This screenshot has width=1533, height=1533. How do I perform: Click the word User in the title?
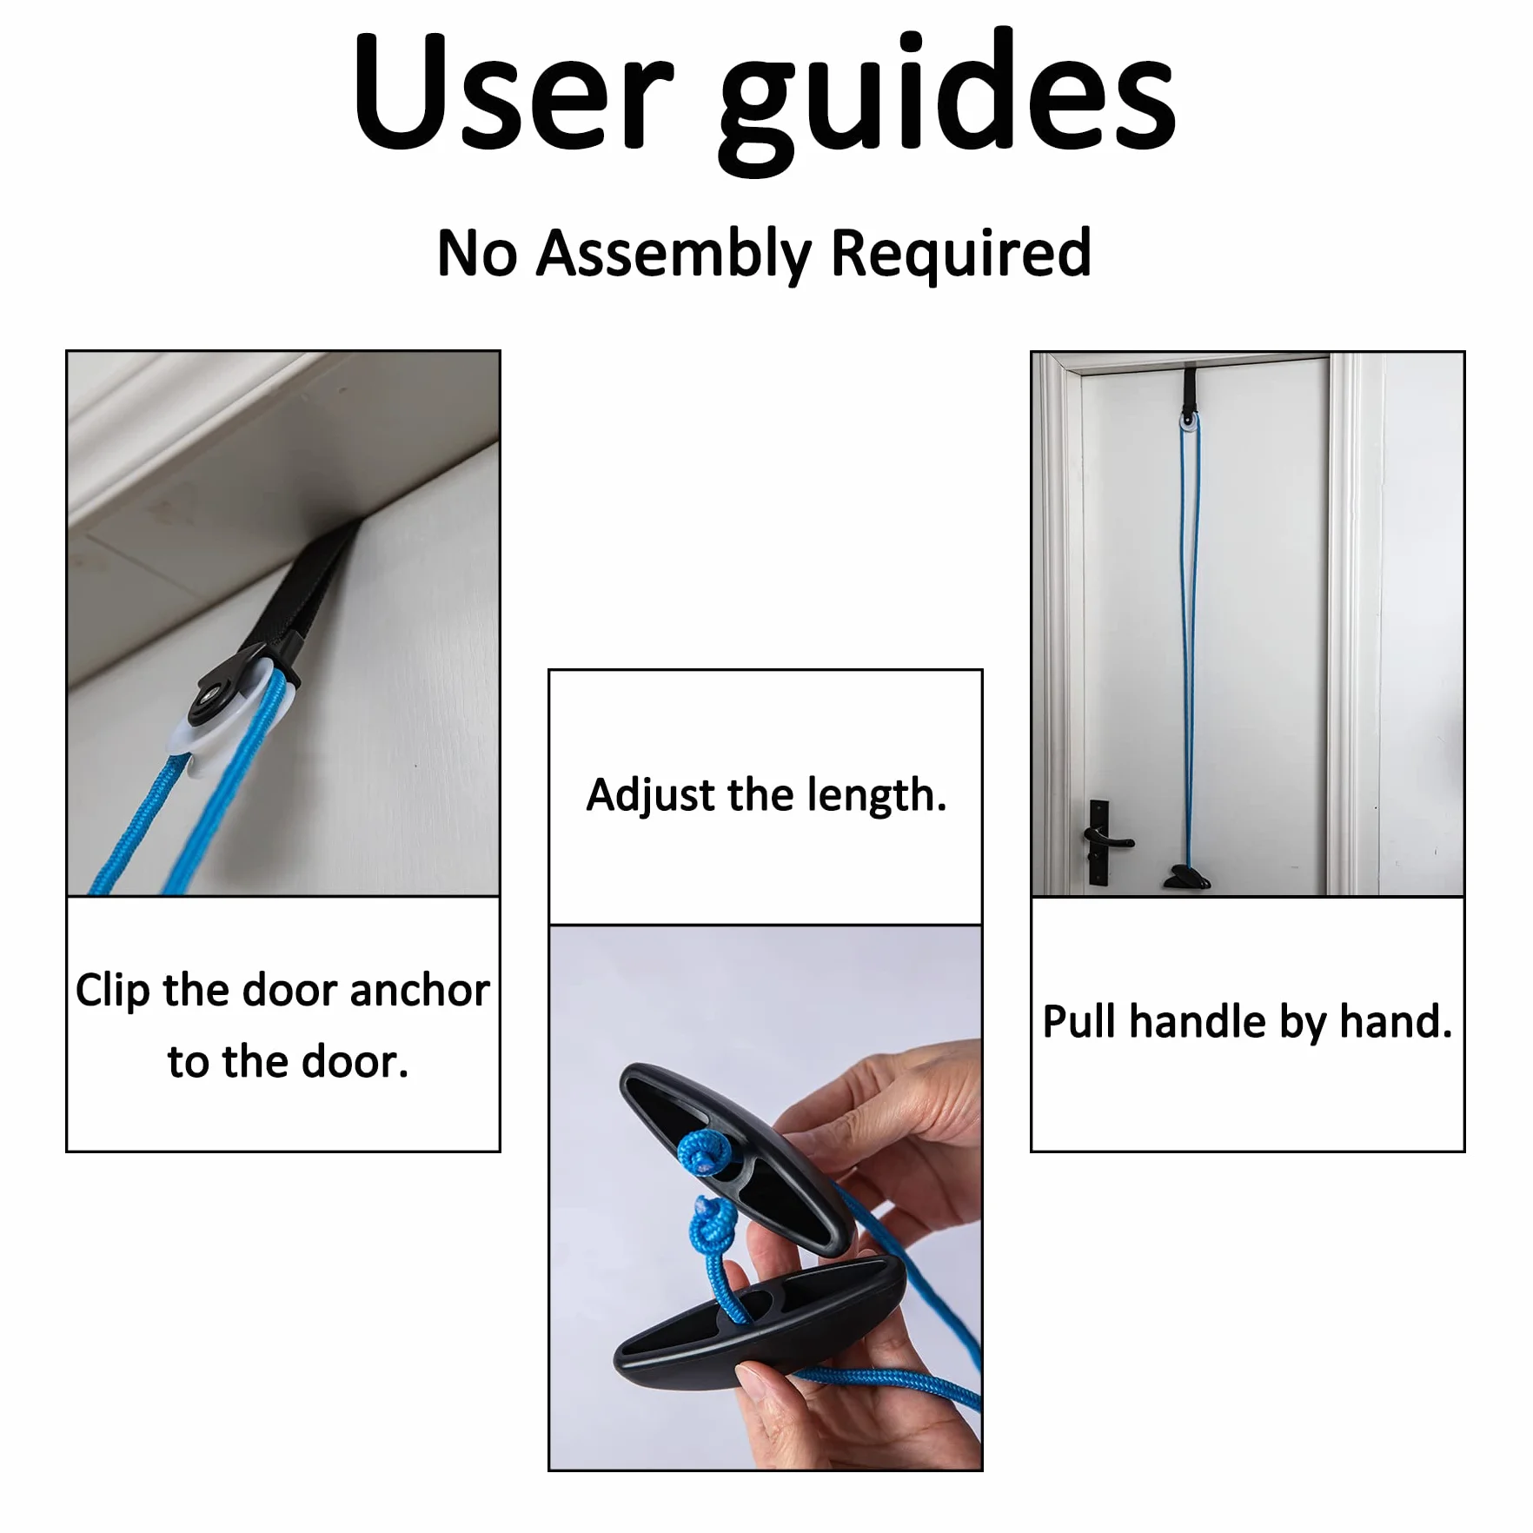[x=514, y=92]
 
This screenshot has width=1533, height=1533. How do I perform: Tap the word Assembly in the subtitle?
[x=674, y=255]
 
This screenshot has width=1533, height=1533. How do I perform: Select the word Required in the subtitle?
[x=960, y=253]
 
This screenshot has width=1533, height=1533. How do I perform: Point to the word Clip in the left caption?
[x=112, y=992]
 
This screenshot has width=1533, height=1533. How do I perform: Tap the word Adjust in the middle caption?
[x=651, y=796]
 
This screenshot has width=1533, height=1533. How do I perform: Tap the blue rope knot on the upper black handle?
[x=704, y=1154]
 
